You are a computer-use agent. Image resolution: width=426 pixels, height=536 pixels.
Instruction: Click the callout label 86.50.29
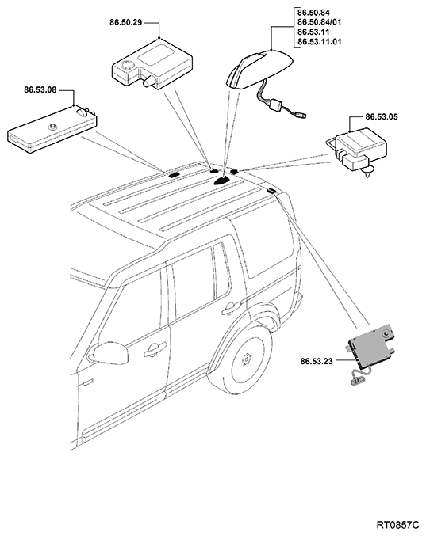coord(125,23)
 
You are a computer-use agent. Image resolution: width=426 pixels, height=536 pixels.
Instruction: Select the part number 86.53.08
coord(40,90)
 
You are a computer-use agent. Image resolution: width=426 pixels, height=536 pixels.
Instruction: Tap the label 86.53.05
coord(382,117)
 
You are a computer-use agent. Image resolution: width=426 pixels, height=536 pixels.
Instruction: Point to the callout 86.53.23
coord(317,361)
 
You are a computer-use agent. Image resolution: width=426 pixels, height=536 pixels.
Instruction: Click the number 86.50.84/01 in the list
coord(319,22)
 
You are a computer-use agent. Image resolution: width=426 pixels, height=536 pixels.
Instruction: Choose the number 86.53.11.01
coord(319,42)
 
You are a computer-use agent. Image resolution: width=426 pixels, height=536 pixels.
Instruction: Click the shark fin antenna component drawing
coord(259,70)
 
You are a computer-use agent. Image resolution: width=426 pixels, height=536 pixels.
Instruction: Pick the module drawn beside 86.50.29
coord(152,64)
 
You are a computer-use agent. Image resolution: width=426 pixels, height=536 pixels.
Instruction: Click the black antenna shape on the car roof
coord(223,181)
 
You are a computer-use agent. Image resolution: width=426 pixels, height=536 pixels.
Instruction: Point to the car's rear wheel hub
coord(247,359)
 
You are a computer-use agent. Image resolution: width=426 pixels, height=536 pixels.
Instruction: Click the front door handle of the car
coord(155,351)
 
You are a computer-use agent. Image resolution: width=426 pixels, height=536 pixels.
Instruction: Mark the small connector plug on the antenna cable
coord(300,116)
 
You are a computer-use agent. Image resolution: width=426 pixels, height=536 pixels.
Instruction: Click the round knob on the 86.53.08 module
coord(52,127)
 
